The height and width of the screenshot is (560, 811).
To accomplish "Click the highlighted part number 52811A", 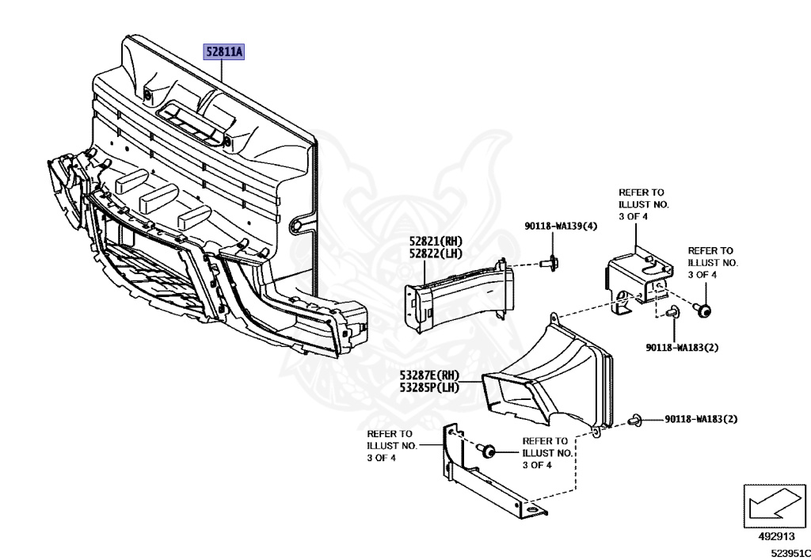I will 225,53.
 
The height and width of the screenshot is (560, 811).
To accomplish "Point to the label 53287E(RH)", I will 430,376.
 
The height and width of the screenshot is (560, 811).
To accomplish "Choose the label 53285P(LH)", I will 430,388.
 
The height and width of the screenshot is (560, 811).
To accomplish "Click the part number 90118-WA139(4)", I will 560,227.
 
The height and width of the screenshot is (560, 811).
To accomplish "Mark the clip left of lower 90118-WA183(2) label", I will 634,418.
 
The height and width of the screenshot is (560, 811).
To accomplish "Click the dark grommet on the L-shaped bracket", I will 488,452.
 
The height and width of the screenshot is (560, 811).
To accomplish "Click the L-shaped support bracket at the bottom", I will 483,475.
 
